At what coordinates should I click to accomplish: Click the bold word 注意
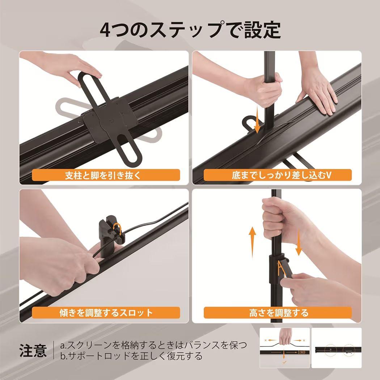click(33, 350)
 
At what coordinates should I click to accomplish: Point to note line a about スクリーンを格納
click(154, 345)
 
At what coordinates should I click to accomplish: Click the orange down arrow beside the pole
click(257, 121)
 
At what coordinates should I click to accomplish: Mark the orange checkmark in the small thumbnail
click(284, 362)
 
